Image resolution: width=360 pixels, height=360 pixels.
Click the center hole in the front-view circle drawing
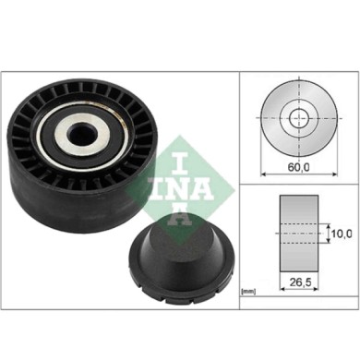297,117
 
